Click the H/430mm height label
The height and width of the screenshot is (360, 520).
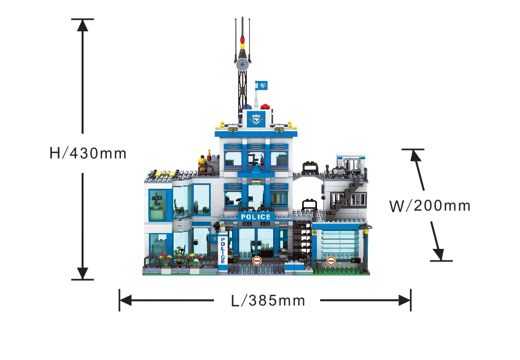[x=88, y=153]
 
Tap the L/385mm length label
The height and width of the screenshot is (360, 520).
[x=268, y=301]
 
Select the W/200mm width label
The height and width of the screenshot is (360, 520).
[x=430, y=206]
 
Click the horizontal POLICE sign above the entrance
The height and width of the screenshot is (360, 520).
[x=256, y=217]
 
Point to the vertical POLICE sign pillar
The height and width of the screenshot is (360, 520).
[x=223, y=250]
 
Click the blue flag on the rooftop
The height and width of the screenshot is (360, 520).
[x=261, y=85]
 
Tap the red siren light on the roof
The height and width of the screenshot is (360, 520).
[x=265, y=107]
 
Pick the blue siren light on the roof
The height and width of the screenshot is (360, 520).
[x=247, y=107]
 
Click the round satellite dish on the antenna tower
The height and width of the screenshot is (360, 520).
[x=242, y=63]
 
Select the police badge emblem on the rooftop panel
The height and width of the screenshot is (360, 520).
[x=256, y=119]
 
